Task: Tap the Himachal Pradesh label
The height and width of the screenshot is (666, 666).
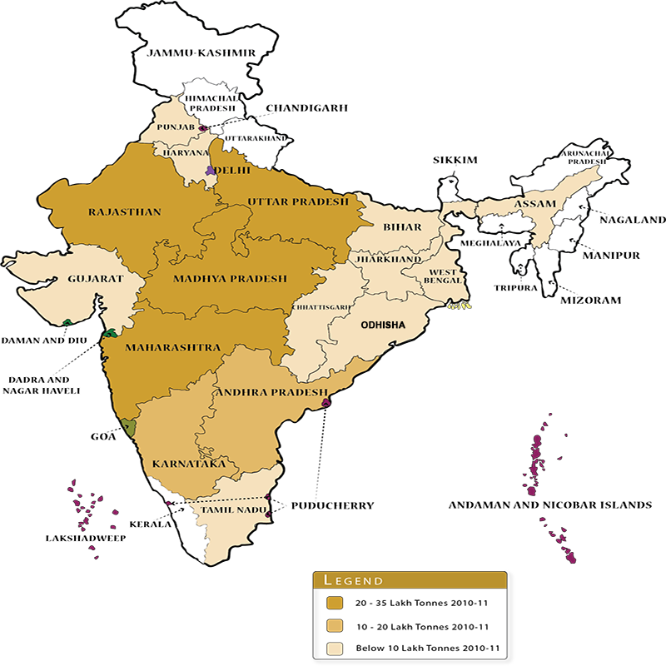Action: tap(211, 102)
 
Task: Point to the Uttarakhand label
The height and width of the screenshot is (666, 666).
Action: tap(255, 137)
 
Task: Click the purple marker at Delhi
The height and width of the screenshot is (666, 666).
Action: tap(211, 171)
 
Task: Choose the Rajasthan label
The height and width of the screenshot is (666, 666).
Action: tap(125, 212)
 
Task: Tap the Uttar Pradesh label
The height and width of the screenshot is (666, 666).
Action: tap(297, 202)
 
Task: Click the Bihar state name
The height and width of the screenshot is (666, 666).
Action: tap(401, 227)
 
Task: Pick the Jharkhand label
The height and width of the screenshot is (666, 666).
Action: tap(389, 260)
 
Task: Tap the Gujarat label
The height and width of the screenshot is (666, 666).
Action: tap(95, 279)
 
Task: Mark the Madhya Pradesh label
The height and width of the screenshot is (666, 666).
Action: tap(230, 279)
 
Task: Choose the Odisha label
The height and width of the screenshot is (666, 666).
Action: tap(382, 326)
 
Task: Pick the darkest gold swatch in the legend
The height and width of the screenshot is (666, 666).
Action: tap(335, 603)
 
